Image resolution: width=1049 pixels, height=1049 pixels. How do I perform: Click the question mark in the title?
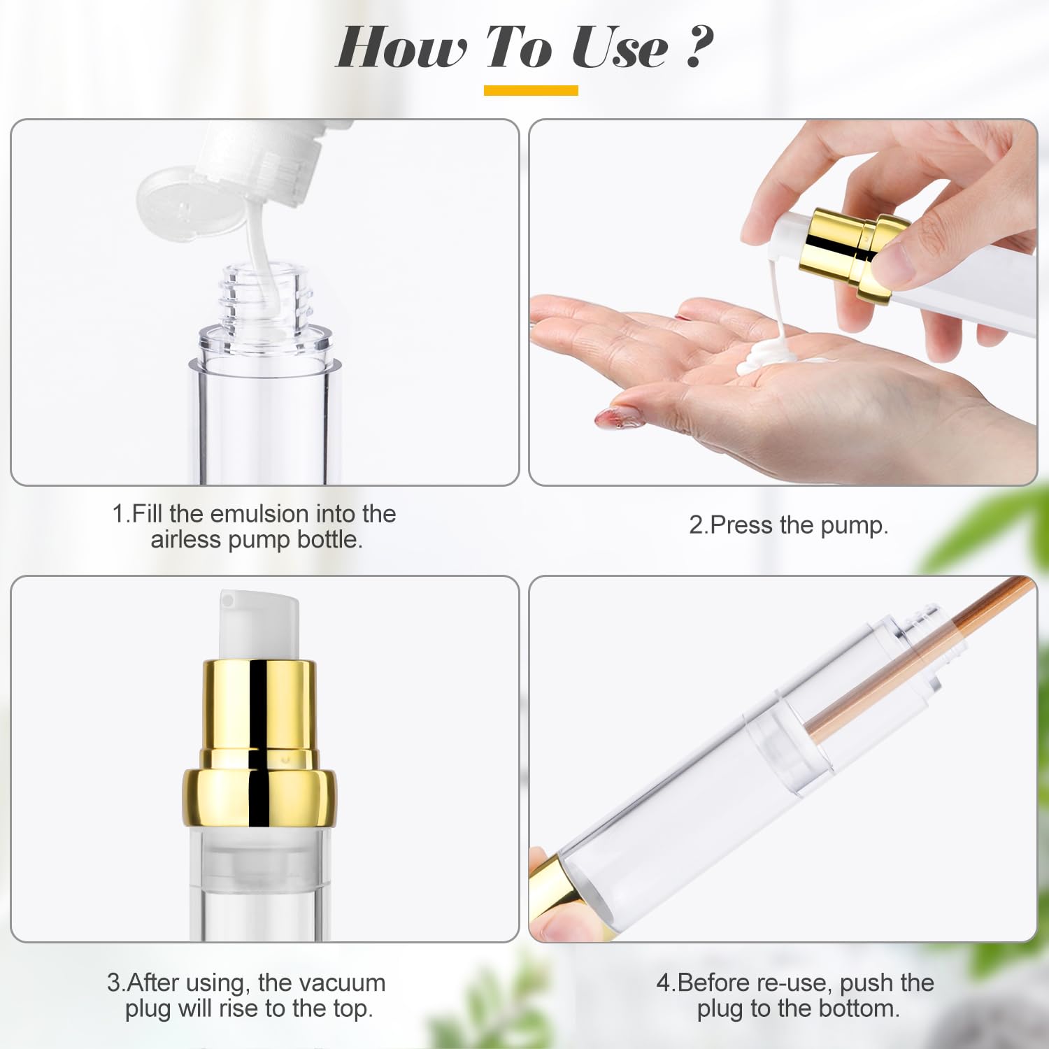pos(698,48)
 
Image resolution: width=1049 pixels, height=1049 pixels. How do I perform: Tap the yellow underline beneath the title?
pos(531,90)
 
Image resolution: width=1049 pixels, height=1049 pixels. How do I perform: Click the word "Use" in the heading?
pos(619,48)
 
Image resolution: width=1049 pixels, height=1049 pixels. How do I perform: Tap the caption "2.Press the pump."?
pos(788,524)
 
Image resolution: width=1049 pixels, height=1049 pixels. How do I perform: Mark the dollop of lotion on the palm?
pos(769,357)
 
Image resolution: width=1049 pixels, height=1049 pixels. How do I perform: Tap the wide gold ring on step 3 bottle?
pos(259,797)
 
